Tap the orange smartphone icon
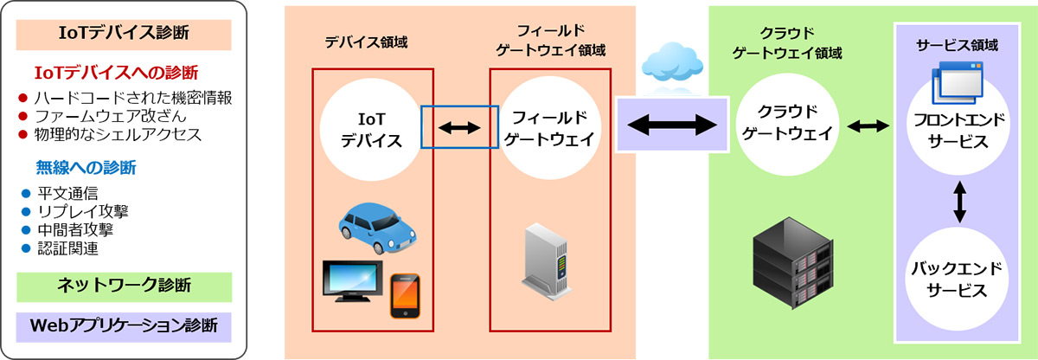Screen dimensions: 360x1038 404,294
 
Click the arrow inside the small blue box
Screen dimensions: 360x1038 459,128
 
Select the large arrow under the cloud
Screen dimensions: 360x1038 670,126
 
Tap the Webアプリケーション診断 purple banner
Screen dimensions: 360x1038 124,326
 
